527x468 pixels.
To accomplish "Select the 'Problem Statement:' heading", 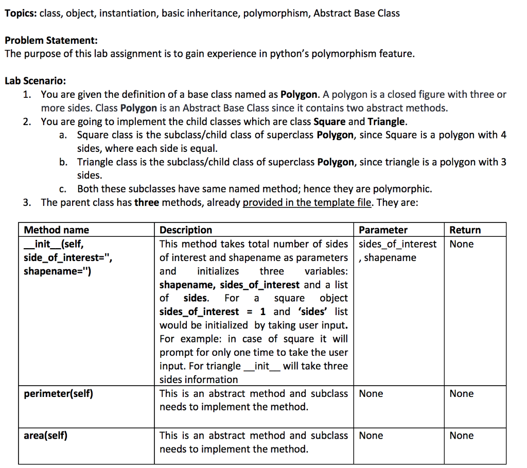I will click(51, 40).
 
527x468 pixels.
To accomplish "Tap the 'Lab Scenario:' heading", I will click(35, 81).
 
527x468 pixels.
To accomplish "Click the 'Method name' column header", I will click(57, 230).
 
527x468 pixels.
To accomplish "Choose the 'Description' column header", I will click(186, 230).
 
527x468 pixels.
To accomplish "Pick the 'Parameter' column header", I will click(383, 230).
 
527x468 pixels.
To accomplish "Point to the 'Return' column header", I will click(465, 230).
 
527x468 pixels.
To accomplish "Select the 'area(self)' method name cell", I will click(46, 436).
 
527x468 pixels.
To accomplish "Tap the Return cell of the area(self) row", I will click(461, 436).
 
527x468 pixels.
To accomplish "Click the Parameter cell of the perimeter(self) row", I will click(371, 394).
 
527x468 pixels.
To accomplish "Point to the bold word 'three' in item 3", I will click(147, 202).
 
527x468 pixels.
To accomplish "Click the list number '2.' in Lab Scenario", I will click(28, 122).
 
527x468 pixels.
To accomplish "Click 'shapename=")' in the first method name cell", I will click(58, 271).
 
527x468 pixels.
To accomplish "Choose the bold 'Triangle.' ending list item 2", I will click(387, 122).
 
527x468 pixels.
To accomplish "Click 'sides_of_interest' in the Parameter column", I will click(397, 244).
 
